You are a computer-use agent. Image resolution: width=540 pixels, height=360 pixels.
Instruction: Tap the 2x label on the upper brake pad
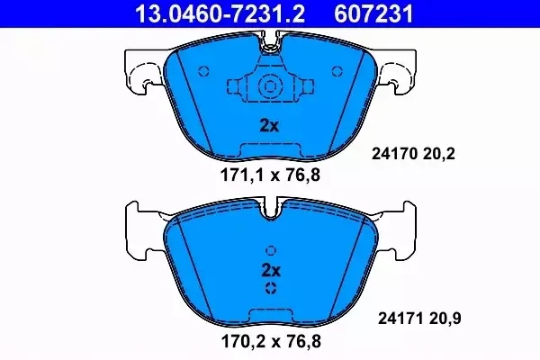(269, 126)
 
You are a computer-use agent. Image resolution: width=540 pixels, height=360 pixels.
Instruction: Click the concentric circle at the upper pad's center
(270, 87)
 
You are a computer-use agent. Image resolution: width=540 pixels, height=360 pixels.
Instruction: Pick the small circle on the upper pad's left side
(202, 71)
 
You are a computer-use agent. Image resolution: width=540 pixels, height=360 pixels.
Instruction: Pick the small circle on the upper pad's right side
(337, 71)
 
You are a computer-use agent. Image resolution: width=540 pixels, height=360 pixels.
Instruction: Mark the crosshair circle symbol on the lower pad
(270, 288)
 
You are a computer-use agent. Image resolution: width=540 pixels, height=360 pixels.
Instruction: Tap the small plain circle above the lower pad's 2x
(270, 251)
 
